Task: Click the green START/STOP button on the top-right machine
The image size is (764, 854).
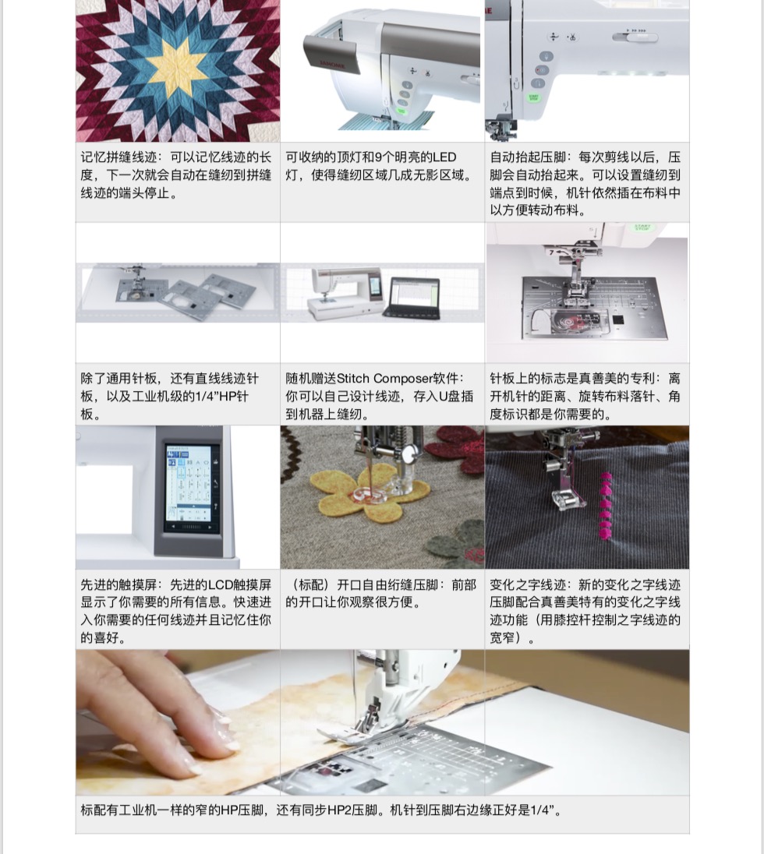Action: coord(533,97)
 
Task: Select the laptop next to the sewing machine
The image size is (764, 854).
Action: coord(412,298)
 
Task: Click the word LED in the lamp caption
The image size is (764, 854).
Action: coord(444,157)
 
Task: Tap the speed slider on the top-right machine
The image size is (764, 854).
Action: coord(635,37)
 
